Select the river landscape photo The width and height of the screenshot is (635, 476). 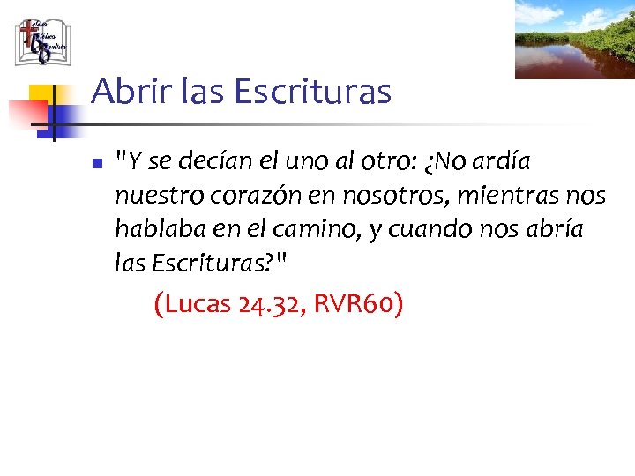tap(574, 40)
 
